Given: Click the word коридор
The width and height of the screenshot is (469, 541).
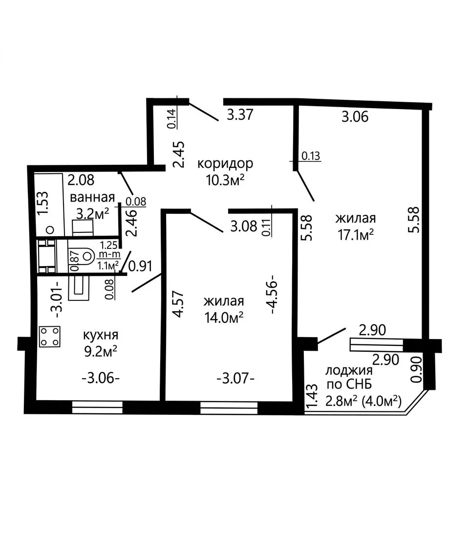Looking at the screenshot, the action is pyautogui.click(x=225, y=163).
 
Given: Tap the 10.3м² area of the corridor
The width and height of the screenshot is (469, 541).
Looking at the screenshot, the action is pyautogui.click(x=225, y=180).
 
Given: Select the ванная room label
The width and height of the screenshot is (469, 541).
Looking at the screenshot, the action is pyautogui.click(x=92, y=198).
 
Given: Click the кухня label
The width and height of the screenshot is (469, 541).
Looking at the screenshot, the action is pyautogui.click(x=101, y=335).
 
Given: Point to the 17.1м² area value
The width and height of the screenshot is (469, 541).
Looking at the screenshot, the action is pyautogui.click(x=356, y=235).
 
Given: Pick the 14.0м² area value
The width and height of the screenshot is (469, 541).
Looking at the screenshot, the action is pyautogui.click(x=224, y=317).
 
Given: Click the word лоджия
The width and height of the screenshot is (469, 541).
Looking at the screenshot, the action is pyautogui.click(x=349, y=371).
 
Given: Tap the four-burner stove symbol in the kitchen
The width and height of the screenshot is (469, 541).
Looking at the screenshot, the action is pyautogui.click(x=50, y=337).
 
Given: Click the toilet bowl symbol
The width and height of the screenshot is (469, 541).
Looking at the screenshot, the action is pyautogui.click(x=85, y=256).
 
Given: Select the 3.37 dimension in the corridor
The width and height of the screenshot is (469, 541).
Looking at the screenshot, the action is pyautogui.click(x=240, y=114).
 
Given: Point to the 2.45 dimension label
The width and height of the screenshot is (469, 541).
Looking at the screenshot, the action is pyautogui.click(x=179, y=154).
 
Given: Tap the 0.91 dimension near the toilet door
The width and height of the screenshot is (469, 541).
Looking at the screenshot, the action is pyautogui.click(x=140, y=266).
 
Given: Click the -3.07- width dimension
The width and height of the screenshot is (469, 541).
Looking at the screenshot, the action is pyautogui.click(x=235, y=379).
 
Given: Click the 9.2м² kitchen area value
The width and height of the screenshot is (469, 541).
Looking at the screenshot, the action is pyautogui.click(x=101, y=352).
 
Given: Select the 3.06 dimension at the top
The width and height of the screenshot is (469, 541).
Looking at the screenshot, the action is pyautogui.click(x=355, y=117).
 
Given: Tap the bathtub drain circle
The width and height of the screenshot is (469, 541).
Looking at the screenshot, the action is pyautogui.click(x=50, y=229).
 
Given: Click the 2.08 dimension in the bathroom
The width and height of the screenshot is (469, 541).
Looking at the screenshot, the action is pyautogui.click(x=81, y=180).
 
